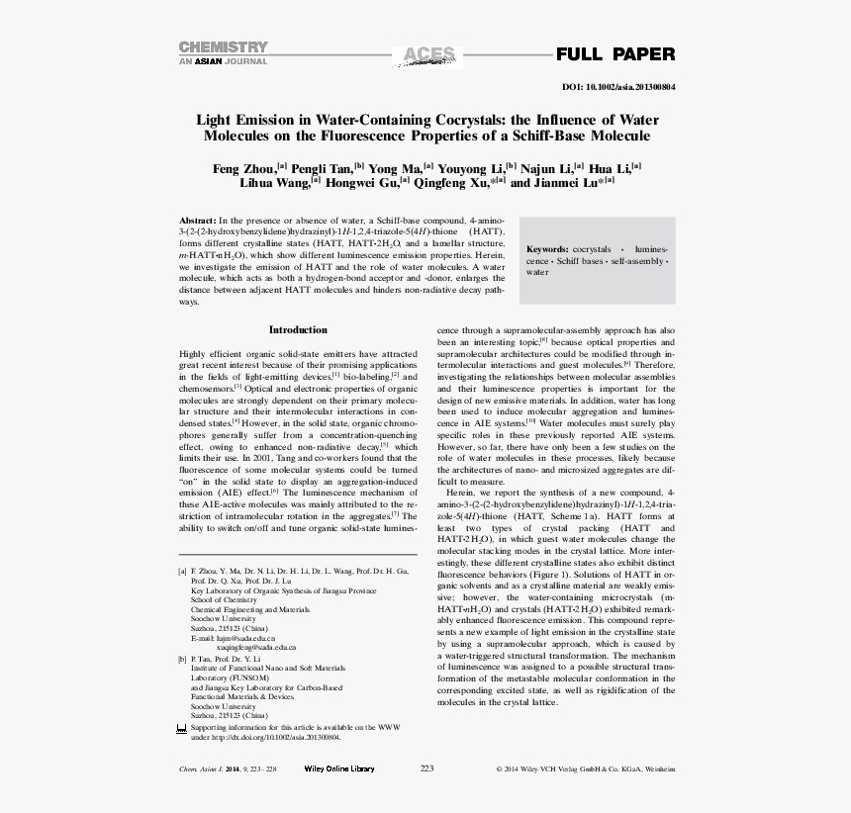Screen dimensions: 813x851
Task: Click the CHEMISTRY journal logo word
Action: click(x=223, y=46)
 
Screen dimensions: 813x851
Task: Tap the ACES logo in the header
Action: click(x=424, y=55)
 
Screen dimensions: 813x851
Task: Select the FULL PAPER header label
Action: click(x=615, y=54)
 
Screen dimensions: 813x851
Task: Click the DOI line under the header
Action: click(x=618, y=87)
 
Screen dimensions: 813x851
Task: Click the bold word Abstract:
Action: click(x=197, y=221)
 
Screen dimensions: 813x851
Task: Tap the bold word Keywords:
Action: click(x=547, y=249)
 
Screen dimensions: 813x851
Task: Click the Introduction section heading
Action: click(x=298, y=329)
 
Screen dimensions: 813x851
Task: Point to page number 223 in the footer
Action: click(x=427, y=768)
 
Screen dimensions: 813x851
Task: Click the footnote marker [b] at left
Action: click(x=182, y=658)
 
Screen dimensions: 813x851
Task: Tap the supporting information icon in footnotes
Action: click(x=181, y=728)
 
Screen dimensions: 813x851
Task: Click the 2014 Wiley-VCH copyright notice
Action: click(x=585, y=768)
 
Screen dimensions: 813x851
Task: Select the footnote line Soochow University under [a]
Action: click(x=223, y=619)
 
